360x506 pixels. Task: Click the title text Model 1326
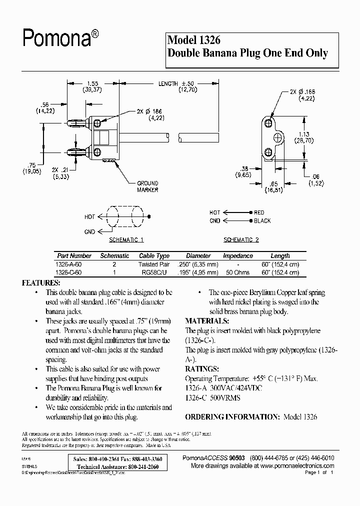[194, 40]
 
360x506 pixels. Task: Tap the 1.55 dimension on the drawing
[92, 84]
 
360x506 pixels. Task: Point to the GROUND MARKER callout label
[147, 186]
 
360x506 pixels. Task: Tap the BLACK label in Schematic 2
[262, 220]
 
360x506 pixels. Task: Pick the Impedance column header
[238, 255]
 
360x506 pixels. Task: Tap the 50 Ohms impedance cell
[238, 272]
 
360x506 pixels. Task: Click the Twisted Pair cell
[154, 264]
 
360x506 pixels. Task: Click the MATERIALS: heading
[207, 321]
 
